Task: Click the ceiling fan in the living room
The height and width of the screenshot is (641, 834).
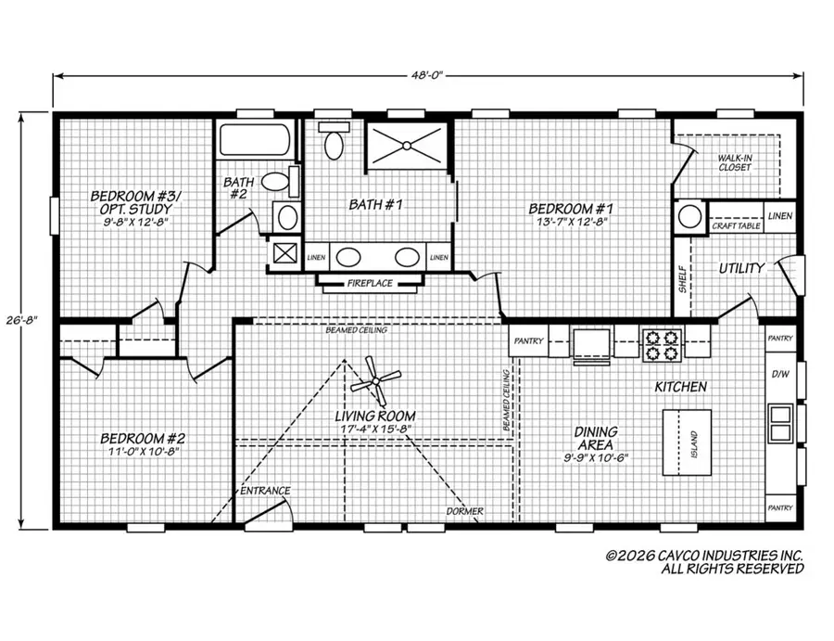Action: (374, 378)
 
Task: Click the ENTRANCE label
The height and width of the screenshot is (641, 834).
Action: (266, 490)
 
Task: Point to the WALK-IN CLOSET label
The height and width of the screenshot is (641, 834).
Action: (735, 163)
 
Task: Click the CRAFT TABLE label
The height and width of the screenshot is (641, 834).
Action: (736, 225)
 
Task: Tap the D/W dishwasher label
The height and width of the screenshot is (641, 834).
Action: (779, 375)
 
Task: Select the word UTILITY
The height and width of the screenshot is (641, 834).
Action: (742, 268)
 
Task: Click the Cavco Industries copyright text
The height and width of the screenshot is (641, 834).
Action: (704, 562)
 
